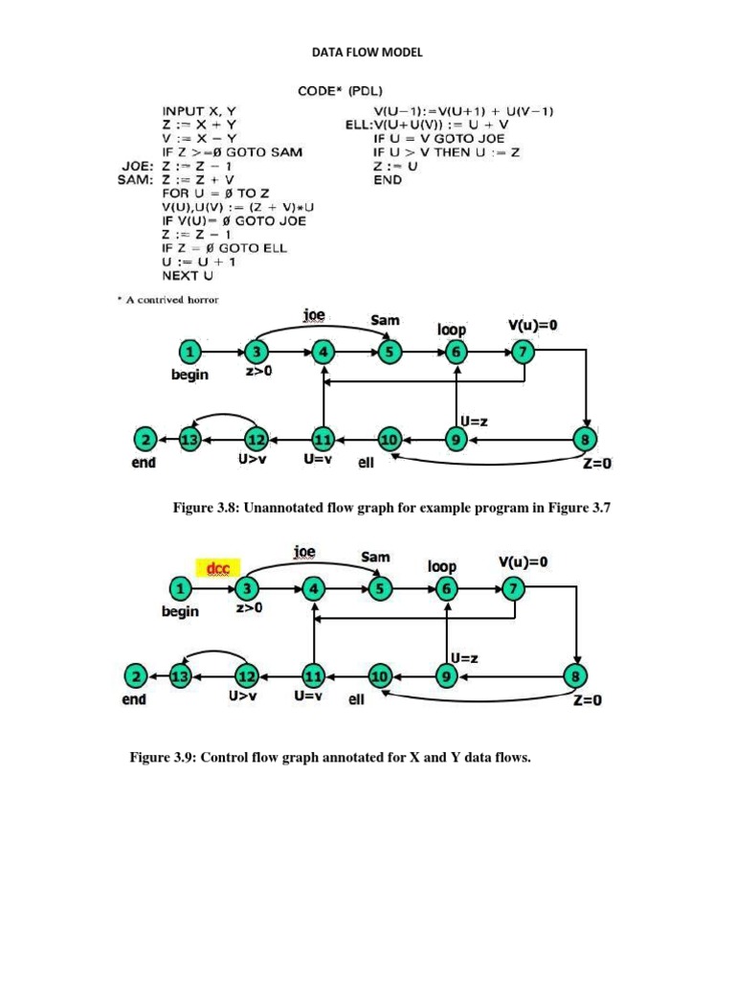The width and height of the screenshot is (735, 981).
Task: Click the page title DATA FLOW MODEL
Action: (367, 52)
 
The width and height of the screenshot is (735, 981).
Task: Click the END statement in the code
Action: (388, 179)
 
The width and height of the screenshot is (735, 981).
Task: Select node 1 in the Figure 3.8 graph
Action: (190, 352)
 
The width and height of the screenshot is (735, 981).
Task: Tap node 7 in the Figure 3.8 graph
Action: (523, 352)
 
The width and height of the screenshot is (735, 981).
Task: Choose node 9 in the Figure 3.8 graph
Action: (456, 440)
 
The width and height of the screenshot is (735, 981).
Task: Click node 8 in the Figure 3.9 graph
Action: (576, 676)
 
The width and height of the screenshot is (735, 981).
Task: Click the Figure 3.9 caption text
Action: (330, 758)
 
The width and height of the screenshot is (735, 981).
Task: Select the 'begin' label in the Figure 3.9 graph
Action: (180, 611)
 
